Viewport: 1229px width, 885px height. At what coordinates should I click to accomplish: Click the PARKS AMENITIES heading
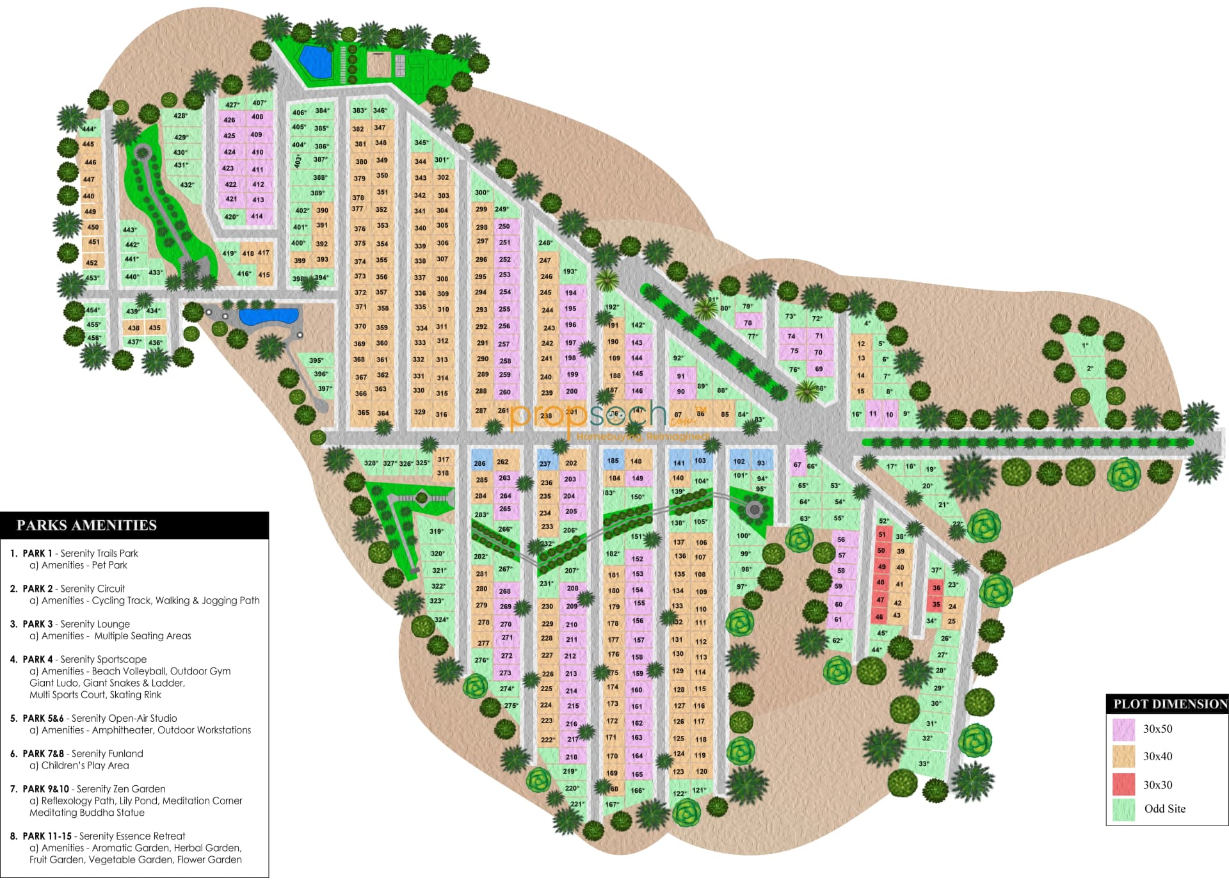86,525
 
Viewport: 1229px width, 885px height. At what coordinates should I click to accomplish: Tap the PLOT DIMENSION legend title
1169,704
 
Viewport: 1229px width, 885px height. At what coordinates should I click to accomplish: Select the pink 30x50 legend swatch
1123,729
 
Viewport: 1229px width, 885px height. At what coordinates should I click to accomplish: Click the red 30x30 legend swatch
1123,785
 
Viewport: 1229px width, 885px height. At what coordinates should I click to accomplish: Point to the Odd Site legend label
1164,809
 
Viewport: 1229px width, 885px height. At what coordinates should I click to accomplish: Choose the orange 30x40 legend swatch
1123,756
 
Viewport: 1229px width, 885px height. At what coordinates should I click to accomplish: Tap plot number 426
230,120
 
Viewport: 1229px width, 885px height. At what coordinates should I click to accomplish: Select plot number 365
363,413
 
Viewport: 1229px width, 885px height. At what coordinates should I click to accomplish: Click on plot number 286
480,463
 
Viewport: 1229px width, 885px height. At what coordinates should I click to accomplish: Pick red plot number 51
882,534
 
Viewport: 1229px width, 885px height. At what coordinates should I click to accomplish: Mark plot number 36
936,587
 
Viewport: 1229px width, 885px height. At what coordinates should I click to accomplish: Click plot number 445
88,145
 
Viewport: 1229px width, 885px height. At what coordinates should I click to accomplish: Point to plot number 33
923,763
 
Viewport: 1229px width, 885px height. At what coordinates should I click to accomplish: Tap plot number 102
739,461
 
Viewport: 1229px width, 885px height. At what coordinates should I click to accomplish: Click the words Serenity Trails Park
99,553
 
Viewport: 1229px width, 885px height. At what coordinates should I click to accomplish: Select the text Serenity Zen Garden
121,789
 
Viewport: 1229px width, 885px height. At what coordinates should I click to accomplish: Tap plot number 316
441,415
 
